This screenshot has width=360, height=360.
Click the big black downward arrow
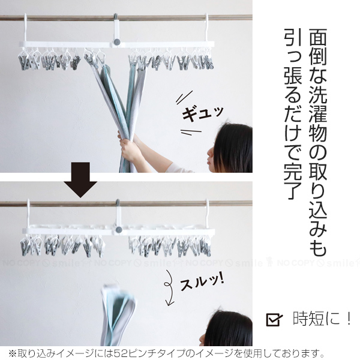coord(80,179)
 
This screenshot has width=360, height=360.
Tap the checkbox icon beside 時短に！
coord(274,319)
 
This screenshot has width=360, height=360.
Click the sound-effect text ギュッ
coord(202,113)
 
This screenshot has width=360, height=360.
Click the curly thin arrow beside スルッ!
coord(169,287)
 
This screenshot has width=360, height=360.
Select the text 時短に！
coord(322,319)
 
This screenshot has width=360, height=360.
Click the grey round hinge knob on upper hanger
coord(116,42)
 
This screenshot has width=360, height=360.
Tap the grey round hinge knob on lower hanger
coord(119,229)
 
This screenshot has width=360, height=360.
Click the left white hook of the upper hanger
coord(25,28)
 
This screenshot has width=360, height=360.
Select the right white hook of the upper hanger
coord(206,28)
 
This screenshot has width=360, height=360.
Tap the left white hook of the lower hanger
coord(28,214)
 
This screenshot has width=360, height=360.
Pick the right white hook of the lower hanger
coord(207,214)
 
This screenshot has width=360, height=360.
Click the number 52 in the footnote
coord(122,353)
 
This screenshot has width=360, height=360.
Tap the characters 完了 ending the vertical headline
coord(293,181)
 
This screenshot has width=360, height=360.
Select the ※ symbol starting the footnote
coord(13,353)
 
